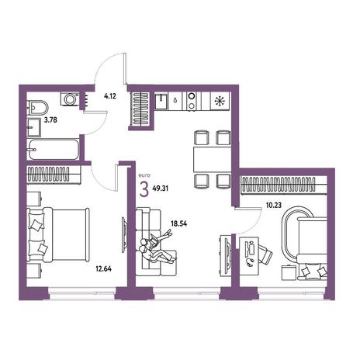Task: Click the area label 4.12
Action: coord(110,96)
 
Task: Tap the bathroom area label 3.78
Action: coord(50,120)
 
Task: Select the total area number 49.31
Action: coord(161,189)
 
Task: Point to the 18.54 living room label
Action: coord(179,223)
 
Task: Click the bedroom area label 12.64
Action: coord(104,268)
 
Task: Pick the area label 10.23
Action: coord(274,206)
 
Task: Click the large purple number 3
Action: coord(144,189)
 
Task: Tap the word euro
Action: coord(144,175)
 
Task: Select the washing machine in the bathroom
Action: coord(70,99)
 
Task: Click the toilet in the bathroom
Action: coord(38,108)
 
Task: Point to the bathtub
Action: coord(54,150)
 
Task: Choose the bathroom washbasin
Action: coord(34,127)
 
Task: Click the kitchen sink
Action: coord(161,102)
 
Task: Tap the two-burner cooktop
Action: coord(192,102)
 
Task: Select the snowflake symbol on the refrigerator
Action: coord(220,101)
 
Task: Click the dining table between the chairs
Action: coord(212,159)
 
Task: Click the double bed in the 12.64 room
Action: coord(58,234)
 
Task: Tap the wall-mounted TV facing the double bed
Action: coord(124,234)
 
